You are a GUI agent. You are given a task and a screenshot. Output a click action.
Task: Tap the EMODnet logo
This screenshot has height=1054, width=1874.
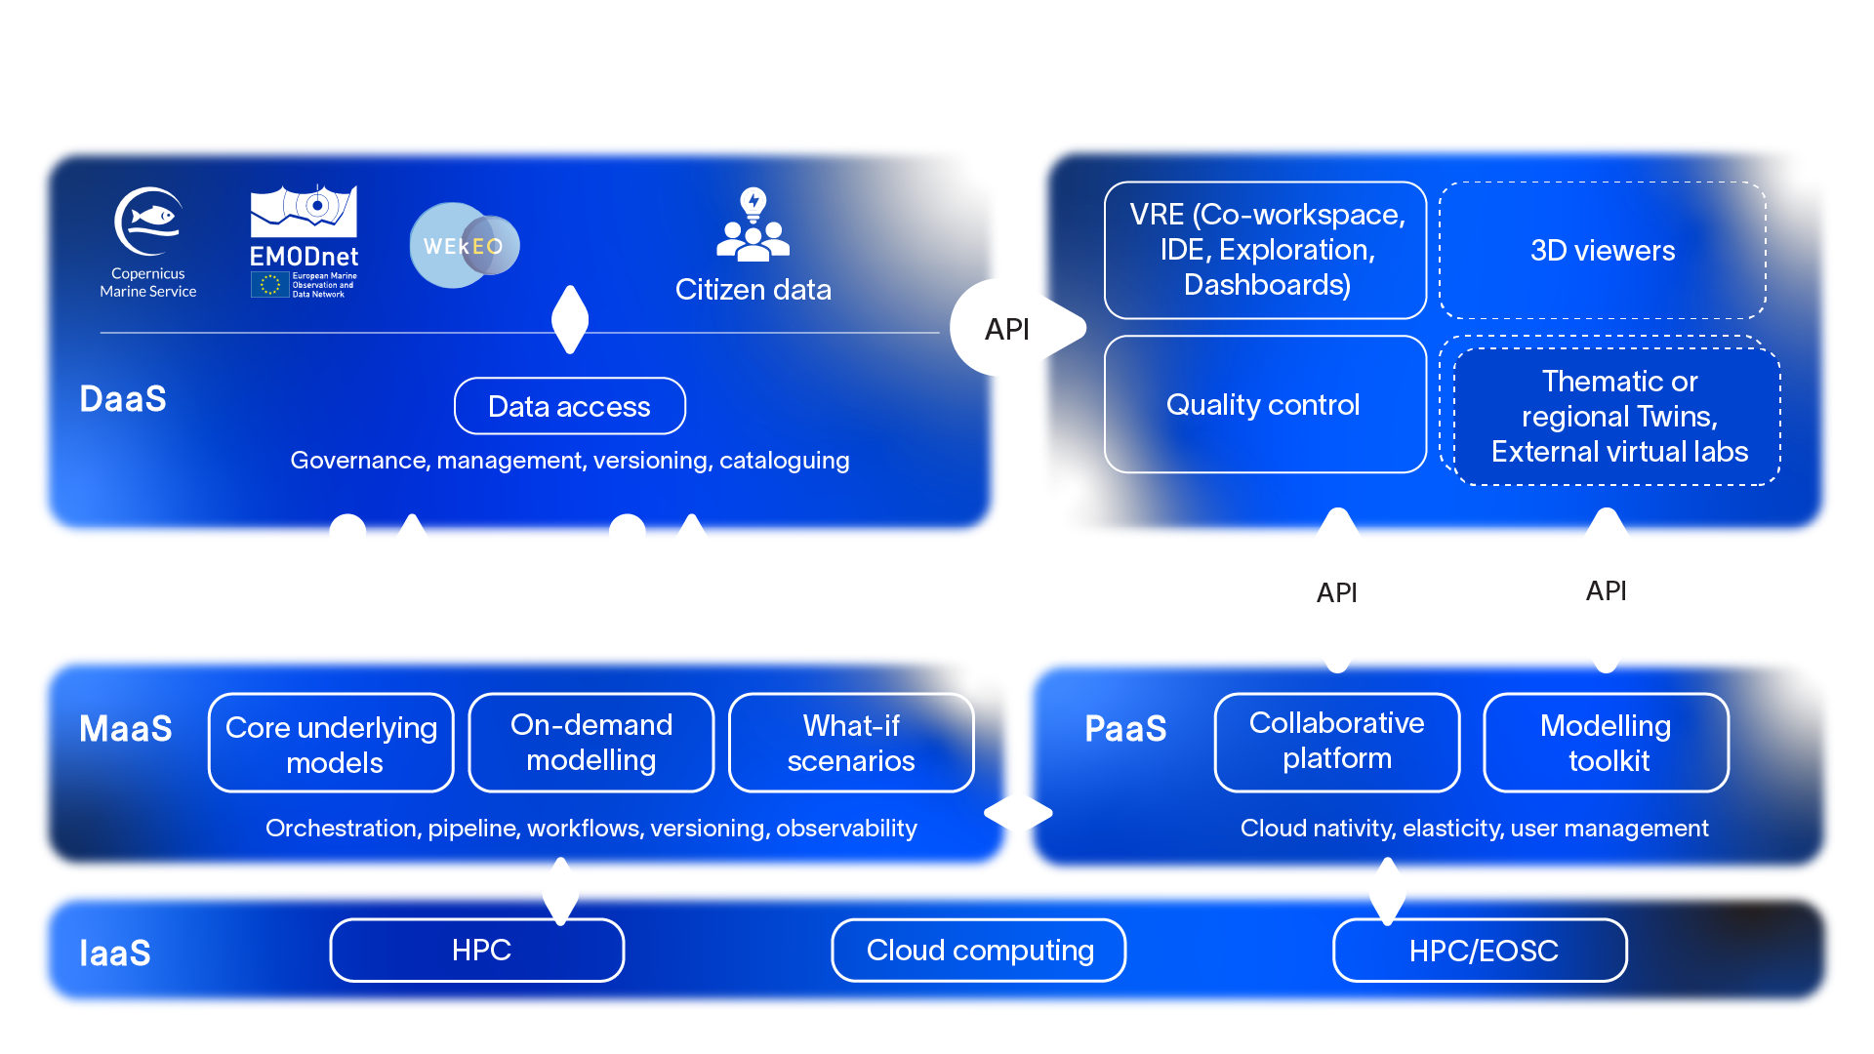pos(304,240)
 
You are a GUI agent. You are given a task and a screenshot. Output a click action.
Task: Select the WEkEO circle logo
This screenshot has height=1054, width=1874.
pos(464,245)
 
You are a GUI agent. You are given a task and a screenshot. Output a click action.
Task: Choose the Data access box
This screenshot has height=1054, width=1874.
pos(569,406)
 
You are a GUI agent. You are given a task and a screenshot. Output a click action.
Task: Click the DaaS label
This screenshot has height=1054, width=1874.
pos(123,399)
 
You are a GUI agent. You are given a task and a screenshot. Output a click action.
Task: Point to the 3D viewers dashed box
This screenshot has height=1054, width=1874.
pos(1602,251)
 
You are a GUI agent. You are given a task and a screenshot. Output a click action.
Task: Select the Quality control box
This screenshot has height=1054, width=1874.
pos(1264,404)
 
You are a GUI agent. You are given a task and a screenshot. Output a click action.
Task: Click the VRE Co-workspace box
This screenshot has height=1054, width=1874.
pos(1266,250)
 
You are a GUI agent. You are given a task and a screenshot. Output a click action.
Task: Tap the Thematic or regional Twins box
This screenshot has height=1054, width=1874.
pos(1618,417)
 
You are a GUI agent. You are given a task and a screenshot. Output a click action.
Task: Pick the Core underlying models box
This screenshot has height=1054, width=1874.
pos(331,744)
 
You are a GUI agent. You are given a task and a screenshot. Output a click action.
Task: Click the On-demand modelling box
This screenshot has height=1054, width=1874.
pos(591,743)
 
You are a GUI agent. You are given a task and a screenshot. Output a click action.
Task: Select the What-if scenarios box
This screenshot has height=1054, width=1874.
pos(850,743)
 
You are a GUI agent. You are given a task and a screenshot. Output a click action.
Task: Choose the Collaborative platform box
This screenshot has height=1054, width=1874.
pos(1336,742)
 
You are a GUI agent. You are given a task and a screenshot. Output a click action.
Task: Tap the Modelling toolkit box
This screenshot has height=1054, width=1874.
pos(1606,743)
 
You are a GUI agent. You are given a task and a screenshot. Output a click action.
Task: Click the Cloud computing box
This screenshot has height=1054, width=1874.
pos(979,951)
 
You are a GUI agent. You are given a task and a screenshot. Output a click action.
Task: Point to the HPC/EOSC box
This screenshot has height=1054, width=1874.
pos(1481,951)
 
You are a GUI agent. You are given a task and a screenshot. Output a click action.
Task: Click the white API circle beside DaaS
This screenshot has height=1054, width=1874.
pos(1005,329)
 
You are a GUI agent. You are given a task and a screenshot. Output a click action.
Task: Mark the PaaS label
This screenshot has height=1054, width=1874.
pos(1125,729)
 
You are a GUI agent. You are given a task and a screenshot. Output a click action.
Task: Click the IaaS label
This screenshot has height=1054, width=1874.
pos(115,953)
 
